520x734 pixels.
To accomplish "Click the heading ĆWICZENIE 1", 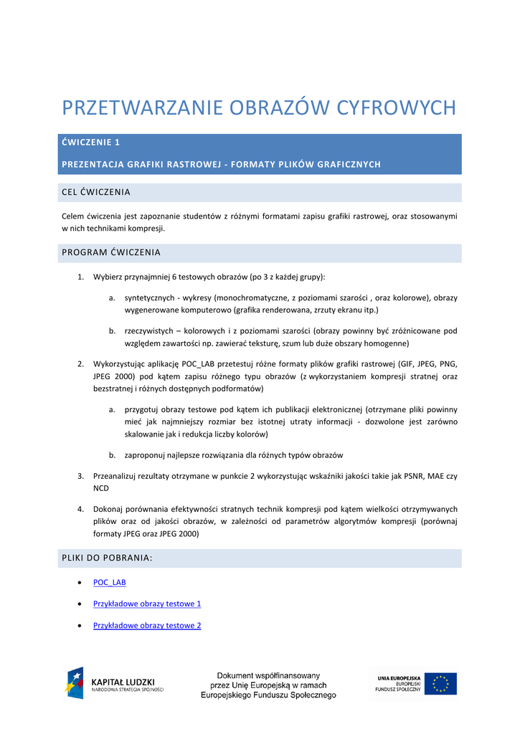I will click(x=91, y=143).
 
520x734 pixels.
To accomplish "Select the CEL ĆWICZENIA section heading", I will click(x=96, y=192).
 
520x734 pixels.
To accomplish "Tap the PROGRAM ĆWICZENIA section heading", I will click(x=111, y=252).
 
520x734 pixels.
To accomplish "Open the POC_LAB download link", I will click(x=110, y=582).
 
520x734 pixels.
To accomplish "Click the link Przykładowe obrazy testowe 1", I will click(x=147, y=604).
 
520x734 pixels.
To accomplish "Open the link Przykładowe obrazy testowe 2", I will click(x=147, y=625).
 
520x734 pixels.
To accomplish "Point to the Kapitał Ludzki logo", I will click(x=115, y=683).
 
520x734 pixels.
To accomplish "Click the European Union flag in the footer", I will click(x=440, y=683).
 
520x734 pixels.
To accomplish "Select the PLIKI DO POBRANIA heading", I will click(x=108, y=558).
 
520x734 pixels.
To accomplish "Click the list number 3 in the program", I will click(x=81, y=476).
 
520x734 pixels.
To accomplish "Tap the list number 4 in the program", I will click(x=81, y=508).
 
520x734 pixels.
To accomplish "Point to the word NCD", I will click(x=102, y=487).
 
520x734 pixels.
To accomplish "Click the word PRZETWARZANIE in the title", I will click(x=143, y=108).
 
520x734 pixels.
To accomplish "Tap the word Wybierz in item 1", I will click(x=108, y=277).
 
